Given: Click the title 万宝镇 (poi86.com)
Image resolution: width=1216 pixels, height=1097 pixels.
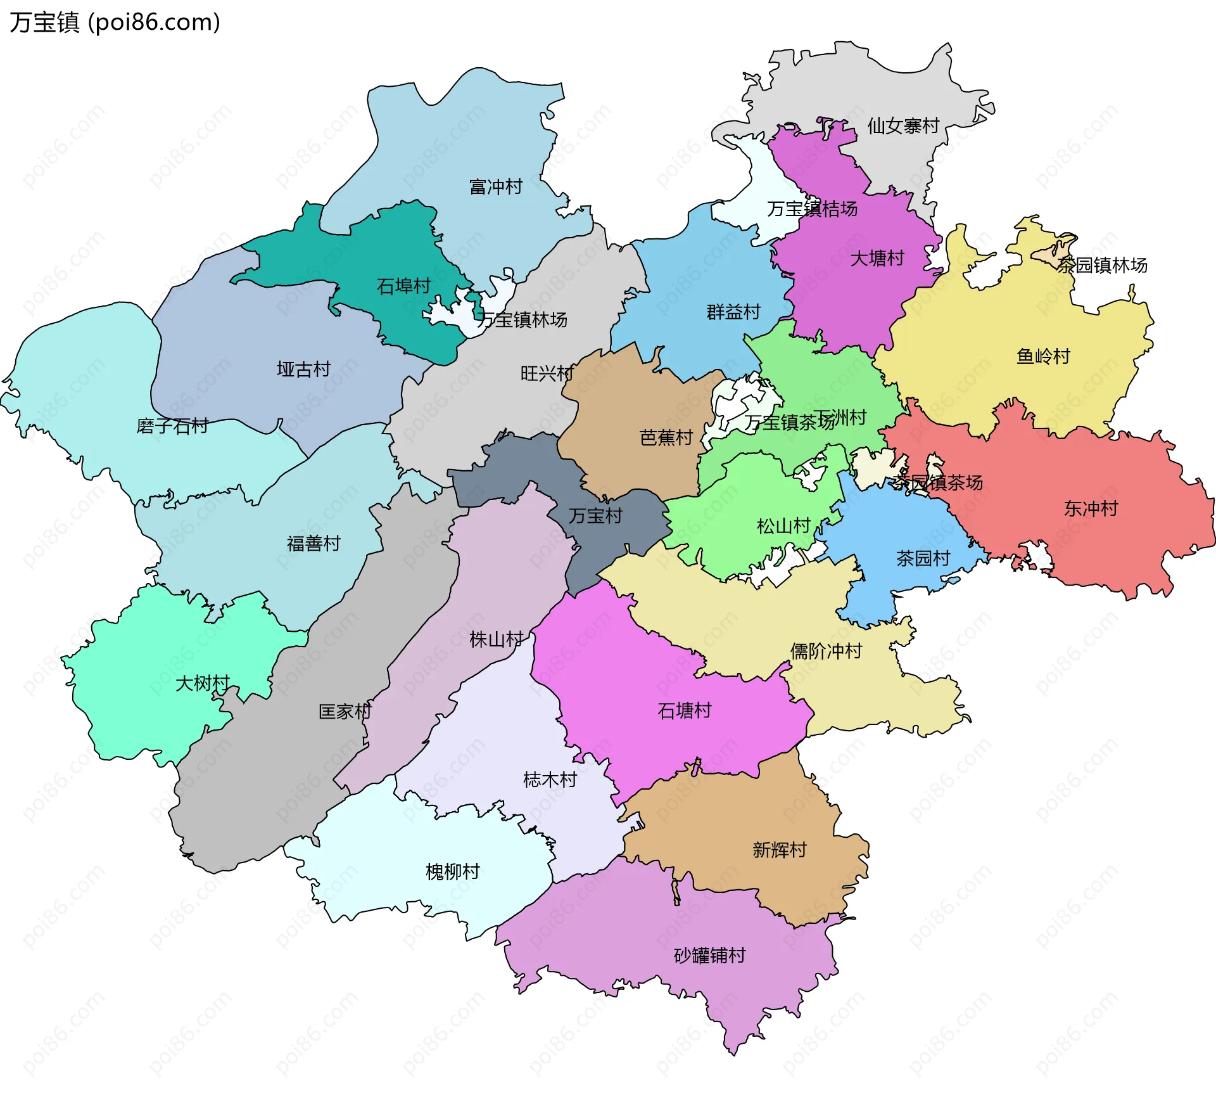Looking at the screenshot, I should point(115,22).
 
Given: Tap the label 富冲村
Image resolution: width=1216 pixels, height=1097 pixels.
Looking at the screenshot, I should point(495,187).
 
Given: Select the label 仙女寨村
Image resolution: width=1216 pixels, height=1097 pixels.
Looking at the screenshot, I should point(902,126).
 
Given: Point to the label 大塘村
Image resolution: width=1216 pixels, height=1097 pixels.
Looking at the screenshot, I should point(877,259).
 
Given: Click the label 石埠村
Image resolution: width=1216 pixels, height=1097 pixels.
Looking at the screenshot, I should point(403,286).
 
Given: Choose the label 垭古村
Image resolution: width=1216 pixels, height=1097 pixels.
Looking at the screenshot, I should point(303,369).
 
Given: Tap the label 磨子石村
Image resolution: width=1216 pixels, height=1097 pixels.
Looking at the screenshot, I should point(172,426).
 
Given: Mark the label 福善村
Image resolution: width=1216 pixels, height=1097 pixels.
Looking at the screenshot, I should point(313,544).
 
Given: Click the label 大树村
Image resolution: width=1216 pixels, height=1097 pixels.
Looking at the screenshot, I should point(202,683).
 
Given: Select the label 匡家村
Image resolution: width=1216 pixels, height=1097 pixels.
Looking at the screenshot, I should point(345,712).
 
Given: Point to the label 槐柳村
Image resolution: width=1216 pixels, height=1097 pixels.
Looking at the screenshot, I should point(452,872).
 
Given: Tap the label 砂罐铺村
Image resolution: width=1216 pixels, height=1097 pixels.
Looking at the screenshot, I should point(709,955).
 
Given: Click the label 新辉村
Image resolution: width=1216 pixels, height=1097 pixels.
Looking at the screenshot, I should point(779,850).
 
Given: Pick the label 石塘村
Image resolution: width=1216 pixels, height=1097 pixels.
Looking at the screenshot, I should point(684,711).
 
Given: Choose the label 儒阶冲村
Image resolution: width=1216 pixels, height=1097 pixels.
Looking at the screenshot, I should point(826,651).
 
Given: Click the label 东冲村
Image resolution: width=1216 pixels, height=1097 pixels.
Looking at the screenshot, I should point(1091,509).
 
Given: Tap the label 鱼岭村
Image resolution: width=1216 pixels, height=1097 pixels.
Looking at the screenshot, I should point(1042,357).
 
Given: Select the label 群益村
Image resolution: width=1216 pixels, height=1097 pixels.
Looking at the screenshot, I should point(733,312).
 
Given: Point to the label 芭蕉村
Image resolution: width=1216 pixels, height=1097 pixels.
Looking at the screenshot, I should point(666,438).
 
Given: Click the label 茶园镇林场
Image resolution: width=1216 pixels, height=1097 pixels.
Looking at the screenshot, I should point(1102,266).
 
